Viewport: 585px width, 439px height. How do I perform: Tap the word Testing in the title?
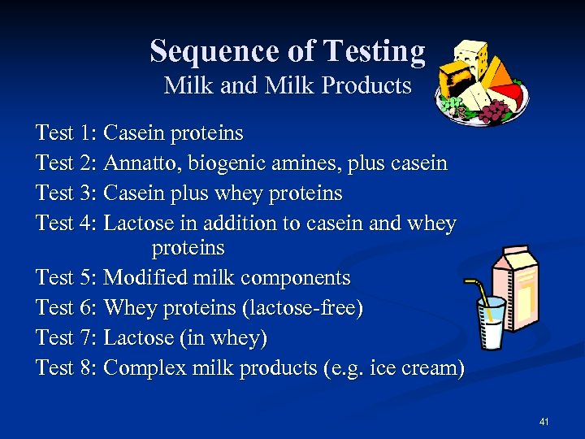(373, 52)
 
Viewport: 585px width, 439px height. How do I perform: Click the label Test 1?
(67, 133)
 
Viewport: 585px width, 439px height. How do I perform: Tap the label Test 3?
(67, 193)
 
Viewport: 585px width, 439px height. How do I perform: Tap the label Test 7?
(67, 337)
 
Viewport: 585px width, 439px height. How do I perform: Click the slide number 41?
(544, 421)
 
